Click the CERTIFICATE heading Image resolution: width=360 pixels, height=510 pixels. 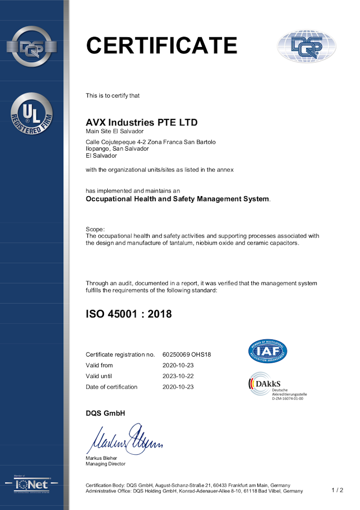(x=162, y=46)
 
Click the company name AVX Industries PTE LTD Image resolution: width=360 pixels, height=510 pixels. (x=142, y=123)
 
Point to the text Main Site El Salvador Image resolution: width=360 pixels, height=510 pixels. (x=115, y=132)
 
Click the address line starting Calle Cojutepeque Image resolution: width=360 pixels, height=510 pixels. (x=151, y=142)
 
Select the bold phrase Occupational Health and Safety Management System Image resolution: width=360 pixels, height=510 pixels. (x=177, y=199)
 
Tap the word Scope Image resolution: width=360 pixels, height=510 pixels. (x=95, y=229)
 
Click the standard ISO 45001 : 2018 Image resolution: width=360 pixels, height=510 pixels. (x=129, y=314)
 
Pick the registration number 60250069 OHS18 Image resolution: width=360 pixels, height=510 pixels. (x=187, y=355)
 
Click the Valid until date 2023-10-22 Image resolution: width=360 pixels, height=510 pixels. (x=178, y=376)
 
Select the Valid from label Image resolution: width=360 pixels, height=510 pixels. (x=99, y=365)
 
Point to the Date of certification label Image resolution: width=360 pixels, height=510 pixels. (x=111, y=387)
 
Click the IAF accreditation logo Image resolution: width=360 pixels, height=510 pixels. (x=267, y=352)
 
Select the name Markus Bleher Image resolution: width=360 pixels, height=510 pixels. (x=101, y=458)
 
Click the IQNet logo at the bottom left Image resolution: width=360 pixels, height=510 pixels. (x=32, y=484)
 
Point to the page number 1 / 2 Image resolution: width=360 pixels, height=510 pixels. (x=337, y=490)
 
